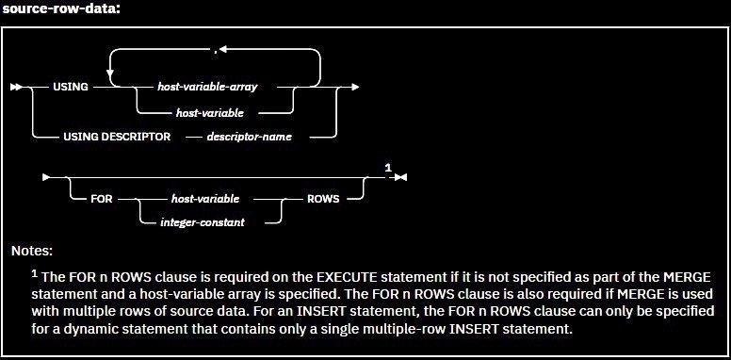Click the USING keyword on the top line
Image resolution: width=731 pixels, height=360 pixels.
tap(69, 87)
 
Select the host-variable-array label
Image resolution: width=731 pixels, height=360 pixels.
tap(215, 87)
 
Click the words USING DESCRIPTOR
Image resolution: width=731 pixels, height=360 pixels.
tap(117, 137)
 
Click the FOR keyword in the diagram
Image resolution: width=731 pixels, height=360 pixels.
tap(104, 200)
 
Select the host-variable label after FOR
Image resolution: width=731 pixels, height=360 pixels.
tap(205, 200)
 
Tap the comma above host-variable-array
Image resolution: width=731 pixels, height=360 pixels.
tap(217, 47)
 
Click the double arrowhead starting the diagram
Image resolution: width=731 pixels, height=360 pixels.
tap(16, 87)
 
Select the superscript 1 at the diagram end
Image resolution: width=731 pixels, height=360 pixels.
tap(387, 168)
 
